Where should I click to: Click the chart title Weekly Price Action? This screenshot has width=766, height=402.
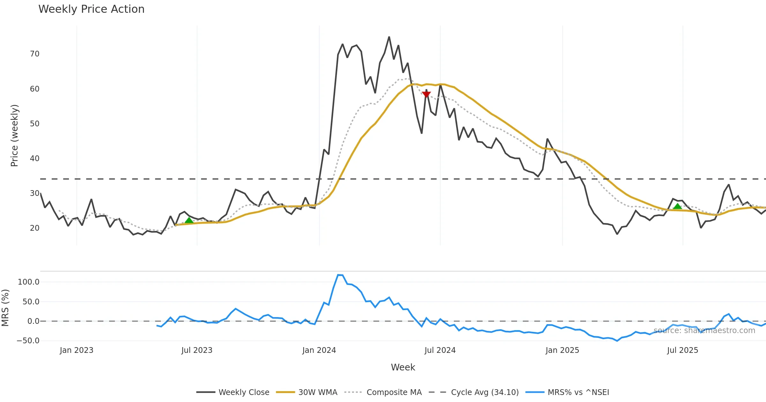click(91, 9)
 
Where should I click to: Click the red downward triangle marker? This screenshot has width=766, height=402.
click(426, 94)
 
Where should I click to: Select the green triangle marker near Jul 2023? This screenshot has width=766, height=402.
click(189, 220)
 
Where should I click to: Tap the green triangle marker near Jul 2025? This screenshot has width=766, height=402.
click(677, 206)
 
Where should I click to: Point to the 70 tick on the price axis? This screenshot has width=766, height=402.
click(34, 54)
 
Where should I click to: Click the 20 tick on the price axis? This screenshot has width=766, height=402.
click(34, 228)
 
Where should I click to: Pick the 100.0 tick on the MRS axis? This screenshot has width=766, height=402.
click(28, 282)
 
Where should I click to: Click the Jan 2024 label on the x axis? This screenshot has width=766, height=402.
click(319, 350)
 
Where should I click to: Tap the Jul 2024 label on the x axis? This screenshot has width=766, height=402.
click(440, 350)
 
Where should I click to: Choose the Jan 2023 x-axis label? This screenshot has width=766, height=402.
click(77, 350)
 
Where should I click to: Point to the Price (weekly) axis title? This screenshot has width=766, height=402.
click(14, 136)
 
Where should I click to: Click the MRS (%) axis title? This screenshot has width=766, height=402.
click(5, 308)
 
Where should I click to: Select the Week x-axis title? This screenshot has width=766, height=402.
click(403, 368)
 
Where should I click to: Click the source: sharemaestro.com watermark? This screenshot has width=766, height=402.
click(704, 331)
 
